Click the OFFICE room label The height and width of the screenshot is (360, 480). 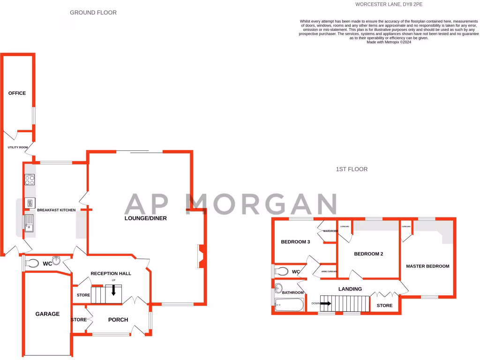17,93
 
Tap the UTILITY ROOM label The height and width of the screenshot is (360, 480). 17,147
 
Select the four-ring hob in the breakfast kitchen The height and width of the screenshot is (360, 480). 30,180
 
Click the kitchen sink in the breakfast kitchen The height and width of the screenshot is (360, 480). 29,223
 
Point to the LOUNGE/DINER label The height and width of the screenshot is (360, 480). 145,218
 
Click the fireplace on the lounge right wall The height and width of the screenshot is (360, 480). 201,256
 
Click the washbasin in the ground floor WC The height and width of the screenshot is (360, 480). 56,260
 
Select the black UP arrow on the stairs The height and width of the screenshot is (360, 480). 113,290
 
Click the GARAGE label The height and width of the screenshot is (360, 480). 47,314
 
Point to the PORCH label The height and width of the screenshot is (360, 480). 118,320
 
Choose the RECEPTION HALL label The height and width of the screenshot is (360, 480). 111,273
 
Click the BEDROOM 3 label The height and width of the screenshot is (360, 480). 295,242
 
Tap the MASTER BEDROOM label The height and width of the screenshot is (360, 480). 427,266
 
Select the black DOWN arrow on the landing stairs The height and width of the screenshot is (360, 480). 325,303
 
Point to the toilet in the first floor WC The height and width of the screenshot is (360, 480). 282,271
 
